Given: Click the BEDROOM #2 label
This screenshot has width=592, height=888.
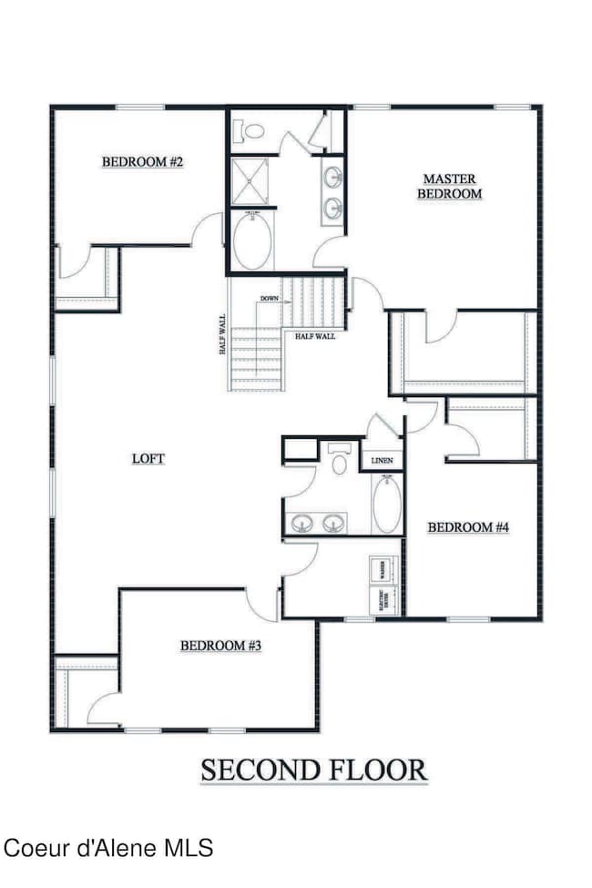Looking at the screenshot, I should point(143,162).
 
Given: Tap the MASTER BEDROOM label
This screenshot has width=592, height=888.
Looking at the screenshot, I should point(449,186).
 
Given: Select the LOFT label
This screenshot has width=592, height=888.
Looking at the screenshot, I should point(148,458).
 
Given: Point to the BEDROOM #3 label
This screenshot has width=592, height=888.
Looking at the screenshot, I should point(221,646).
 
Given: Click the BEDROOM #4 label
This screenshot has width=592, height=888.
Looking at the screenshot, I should point(467,526).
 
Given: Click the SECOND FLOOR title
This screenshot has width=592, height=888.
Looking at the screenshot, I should point(314,770).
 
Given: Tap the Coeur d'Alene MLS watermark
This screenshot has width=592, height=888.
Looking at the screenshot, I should point(108,848).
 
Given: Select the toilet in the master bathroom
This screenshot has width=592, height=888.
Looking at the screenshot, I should point(248,131).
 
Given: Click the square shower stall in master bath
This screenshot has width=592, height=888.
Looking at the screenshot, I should point(248,180).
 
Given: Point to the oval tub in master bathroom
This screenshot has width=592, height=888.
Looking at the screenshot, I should point(253,240).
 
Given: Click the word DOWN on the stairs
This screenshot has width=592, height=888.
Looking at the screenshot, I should point(269,299).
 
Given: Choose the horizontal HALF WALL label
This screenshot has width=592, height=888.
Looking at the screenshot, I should point(314,336).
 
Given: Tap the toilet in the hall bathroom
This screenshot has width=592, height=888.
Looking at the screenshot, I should point(340,461).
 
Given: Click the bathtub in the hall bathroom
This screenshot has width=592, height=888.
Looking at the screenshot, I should point(385,504).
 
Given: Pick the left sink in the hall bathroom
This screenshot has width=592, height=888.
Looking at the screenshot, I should point(303,523).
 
